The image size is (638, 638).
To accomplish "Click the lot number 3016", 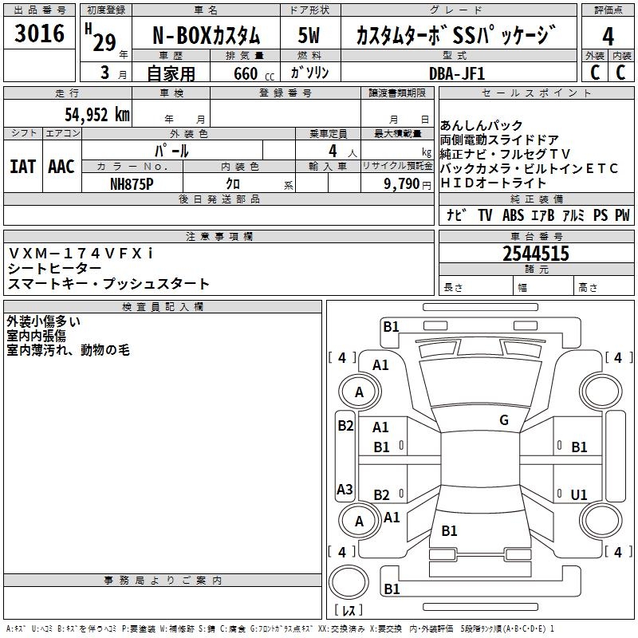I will pos(40,33).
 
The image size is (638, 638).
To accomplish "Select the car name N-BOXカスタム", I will pos(206,37).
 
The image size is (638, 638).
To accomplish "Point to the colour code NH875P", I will pos(132,183).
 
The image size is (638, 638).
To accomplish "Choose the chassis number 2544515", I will pos(535,254).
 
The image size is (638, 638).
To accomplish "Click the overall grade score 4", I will pos(608,36).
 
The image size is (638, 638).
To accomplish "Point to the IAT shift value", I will pos(22,167).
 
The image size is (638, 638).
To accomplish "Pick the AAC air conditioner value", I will pos(61,167).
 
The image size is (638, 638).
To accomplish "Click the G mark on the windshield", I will pos(503,420).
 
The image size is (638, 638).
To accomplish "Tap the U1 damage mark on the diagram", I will pos(579,494).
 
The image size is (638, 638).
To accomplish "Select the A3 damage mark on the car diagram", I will pos(345,489).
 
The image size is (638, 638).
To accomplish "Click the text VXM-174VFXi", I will pos(81,253).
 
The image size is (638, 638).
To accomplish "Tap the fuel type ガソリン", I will pos(309,73).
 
